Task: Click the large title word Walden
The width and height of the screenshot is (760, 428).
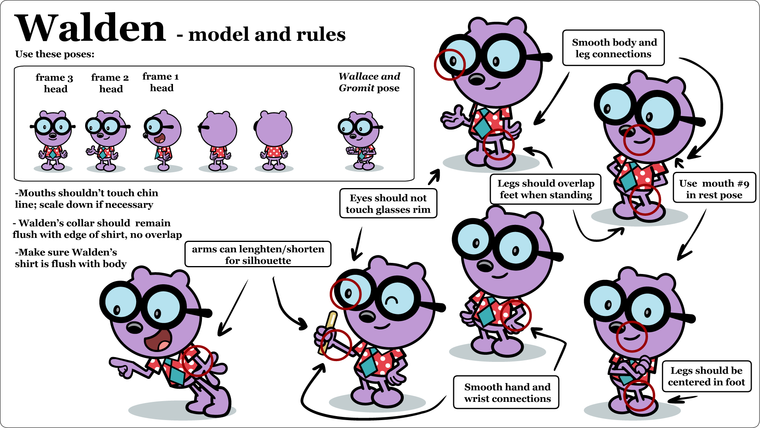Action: pos(90,29)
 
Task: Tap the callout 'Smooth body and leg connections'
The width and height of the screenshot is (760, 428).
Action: pos(613,48)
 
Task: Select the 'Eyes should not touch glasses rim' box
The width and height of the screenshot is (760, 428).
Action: pos(388,204)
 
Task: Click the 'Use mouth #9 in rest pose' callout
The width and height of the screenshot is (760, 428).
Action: pos(714,189)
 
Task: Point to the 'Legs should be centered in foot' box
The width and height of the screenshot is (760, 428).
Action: pos(707,376)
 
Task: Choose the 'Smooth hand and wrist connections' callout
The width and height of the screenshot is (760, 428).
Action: pos(507,392)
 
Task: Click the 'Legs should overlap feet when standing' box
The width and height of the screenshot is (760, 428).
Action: pos(545,189)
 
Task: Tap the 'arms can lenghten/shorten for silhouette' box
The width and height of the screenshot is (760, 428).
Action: pos(258,255)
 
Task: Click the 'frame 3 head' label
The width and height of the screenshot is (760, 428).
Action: pos(55,83)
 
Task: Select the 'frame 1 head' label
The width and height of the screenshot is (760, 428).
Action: pos(161,82)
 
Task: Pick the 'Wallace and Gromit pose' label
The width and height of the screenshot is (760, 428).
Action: pos(369,82)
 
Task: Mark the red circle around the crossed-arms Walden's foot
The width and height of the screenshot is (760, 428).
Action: pos(639,396)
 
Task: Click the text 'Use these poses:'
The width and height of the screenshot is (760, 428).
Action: pos(55,54)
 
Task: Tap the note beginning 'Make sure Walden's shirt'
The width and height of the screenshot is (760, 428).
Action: pos(70,258)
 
